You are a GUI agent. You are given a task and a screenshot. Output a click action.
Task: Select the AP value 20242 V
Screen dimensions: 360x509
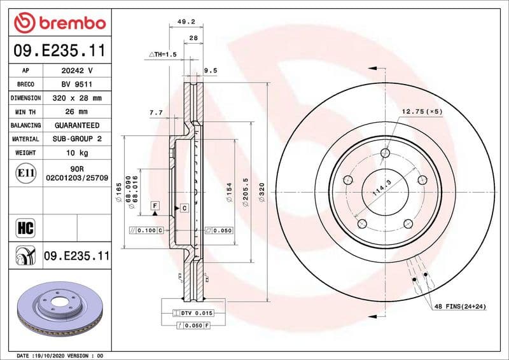(76, 70)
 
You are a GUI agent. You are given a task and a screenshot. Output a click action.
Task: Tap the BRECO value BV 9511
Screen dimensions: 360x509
(76, 84)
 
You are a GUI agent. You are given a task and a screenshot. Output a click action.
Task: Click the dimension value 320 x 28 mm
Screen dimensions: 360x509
(76, 98)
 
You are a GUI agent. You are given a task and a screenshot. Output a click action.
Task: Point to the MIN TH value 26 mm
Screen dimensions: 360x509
(76, 112)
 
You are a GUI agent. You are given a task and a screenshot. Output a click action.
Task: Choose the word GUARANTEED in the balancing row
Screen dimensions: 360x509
(76, 125)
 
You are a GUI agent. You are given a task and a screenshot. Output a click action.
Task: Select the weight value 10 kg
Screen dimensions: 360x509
(76, 153)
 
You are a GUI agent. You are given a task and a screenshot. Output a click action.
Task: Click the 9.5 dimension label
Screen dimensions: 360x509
(211, 71)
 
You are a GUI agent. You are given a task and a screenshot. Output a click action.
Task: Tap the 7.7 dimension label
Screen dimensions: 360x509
(156, 113)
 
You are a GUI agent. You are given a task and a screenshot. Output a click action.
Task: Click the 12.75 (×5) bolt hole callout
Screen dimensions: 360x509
(422, 112)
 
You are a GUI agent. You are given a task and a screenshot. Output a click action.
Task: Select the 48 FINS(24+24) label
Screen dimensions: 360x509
(459, 307)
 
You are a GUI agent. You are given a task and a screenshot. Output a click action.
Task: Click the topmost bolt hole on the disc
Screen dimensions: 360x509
(384, 152)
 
